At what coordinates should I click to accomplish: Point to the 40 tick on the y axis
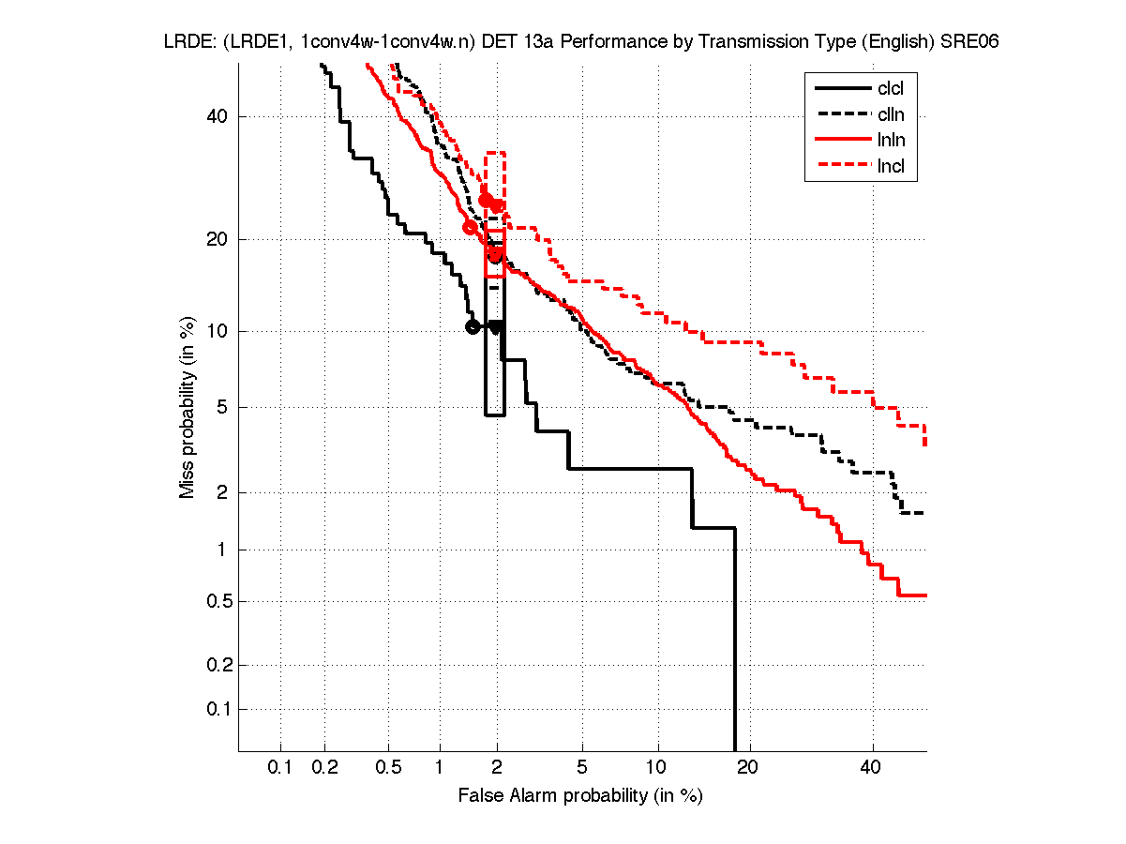point(218,116)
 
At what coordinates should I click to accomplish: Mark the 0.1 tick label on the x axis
point(280,768)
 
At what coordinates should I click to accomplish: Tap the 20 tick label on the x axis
point(746,768)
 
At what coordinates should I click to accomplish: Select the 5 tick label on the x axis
point(582,768)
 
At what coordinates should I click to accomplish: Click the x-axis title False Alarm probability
point(580,795)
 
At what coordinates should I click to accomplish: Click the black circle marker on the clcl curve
point(473,326)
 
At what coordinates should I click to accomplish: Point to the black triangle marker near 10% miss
point(495,327)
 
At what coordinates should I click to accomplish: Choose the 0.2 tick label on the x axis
point(325,768)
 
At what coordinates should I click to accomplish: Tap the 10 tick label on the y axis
point(218,331)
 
